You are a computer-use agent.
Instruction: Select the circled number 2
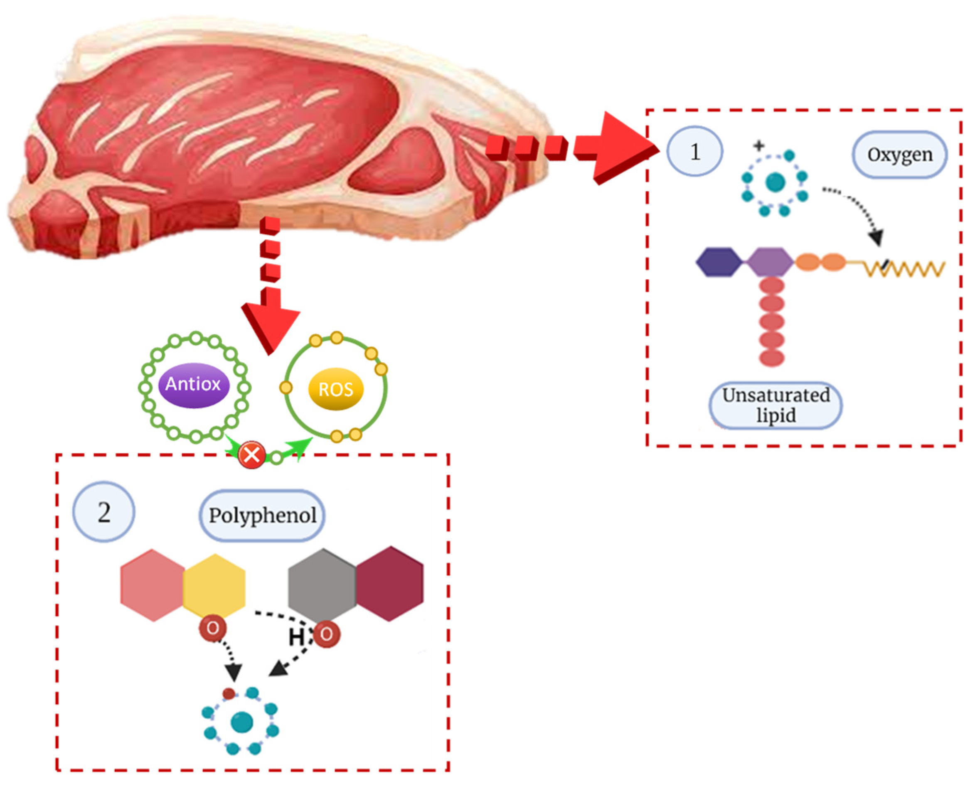(x=104, y=512)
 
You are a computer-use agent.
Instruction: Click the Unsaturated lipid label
(x=775, y=405)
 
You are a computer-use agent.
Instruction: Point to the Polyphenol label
(x=262, y=515)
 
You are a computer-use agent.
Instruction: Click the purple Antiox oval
(x=193, y=384)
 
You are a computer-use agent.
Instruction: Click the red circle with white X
(x=252, y=454)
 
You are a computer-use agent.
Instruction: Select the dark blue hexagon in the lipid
(x=718, y=262)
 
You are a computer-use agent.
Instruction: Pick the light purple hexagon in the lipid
(x=769, y=262)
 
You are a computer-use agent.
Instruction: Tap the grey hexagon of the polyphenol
(x=322, y=584)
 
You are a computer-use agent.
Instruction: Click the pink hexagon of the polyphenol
(x=153, y=585)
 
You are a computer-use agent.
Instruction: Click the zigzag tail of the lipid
(x=904, y=268)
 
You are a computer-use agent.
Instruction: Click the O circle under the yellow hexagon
(x=212, y=628)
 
